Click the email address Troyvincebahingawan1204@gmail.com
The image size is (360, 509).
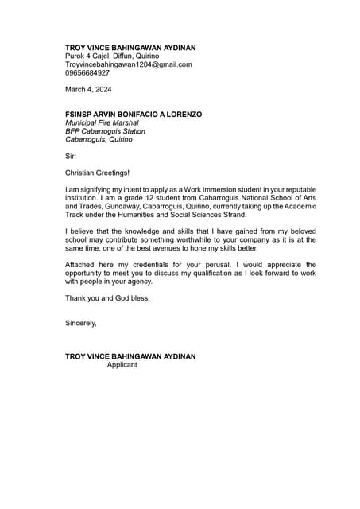128,64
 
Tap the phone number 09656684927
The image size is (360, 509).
87,73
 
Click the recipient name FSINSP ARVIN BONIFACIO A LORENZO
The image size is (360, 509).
133,115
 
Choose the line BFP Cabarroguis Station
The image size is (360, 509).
105,131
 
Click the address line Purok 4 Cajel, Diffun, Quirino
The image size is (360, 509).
111,56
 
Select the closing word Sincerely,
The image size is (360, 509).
80,323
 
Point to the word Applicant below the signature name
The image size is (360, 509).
122,365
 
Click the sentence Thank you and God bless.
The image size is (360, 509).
107,298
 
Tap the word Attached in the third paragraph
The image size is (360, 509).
80,265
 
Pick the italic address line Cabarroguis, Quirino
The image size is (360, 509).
99,139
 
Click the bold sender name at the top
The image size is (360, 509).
130,48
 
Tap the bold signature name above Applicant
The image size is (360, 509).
130,356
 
